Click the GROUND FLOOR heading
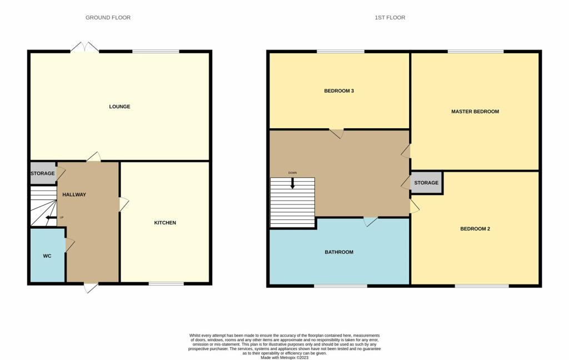point(108,18)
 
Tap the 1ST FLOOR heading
point(390,18)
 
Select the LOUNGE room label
point(119,107)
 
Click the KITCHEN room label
point(165,223)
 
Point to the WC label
point(47,256)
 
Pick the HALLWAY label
point(74,194)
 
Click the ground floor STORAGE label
point(42,173)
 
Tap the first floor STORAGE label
point(426,183)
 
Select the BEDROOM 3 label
point(339,91)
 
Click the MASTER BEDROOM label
point(475,112)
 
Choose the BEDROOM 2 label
point(475,229)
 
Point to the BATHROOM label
point(339,252)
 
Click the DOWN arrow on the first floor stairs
point(292,181)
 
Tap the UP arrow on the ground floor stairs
point(52,217)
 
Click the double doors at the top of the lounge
point(84,48)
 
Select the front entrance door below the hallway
point(91,287)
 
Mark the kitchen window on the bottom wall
point(166,284)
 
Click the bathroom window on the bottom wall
point(340,286)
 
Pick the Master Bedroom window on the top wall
point(476,52)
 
